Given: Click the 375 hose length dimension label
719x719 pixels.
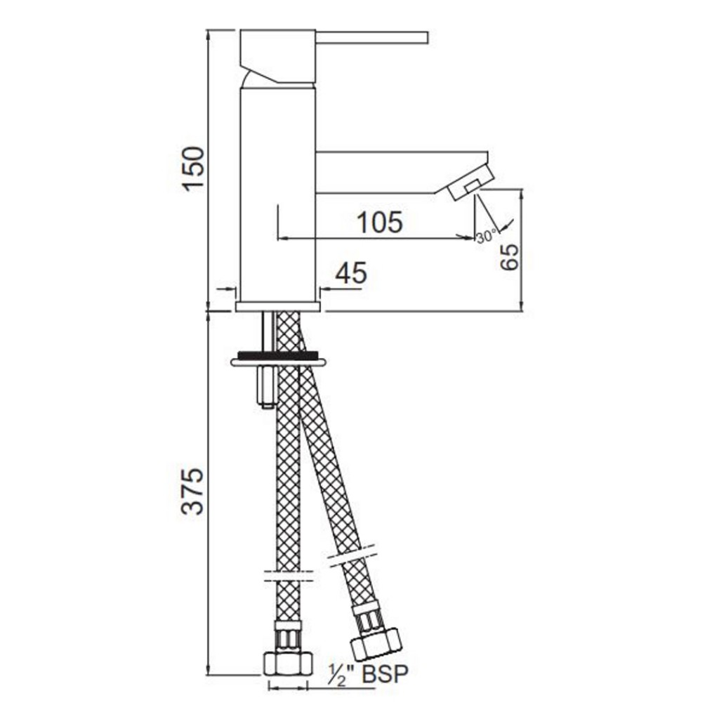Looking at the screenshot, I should tap(193, 490).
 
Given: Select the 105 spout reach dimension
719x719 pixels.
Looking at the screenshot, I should tap(380, 223).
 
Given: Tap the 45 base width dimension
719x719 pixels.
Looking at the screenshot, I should tap(350, 274).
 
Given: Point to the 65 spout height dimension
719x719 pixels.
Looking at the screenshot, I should tap(510, 256).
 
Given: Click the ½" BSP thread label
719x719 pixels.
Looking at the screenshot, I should tap(367, 675).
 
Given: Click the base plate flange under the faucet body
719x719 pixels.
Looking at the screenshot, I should tap(278, 306).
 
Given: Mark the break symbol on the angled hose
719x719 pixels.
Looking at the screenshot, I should tap(353, 553).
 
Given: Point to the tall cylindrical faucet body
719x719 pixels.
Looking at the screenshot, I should tap(277, 190).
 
